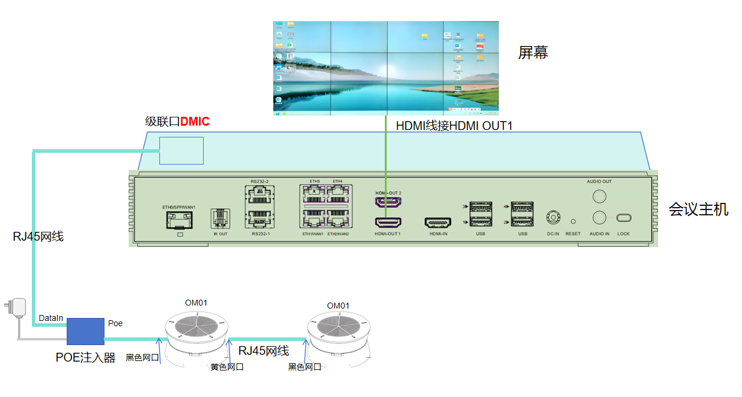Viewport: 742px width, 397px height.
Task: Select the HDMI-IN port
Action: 438,222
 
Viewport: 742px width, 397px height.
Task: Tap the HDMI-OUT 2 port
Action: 388,202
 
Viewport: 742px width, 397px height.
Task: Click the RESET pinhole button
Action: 573,221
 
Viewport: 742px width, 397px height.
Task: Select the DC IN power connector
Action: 553,218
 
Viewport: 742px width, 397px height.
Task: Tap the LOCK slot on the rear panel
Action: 623,218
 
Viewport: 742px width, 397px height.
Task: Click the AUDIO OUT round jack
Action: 599,196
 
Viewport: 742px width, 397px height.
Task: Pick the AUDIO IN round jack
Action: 599,218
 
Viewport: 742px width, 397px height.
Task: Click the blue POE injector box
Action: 85,332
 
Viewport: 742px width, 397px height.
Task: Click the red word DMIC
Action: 195,122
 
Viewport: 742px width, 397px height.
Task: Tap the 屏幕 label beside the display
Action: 533,53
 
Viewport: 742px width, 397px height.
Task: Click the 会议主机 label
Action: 698,209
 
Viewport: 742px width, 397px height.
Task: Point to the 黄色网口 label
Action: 227,367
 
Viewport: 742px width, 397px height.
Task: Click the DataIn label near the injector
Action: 51,318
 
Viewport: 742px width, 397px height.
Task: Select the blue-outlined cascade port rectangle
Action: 181,150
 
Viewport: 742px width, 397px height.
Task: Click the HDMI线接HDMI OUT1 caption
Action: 453,126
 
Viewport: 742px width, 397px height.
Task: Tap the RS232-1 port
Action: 260,218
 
